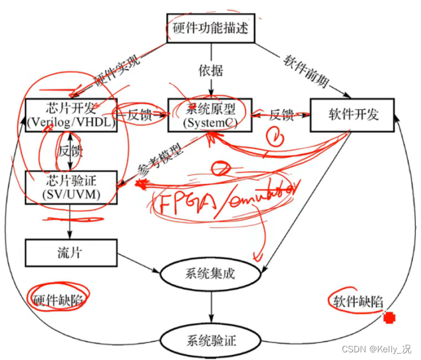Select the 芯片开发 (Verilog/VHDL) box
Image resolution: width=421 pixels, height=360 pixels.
pos(71,115)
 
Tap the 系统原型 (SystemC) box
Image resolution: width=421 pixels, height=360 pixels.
pos(209,115)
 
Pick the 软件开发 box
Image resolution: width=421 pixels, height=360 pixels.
pos(353,115)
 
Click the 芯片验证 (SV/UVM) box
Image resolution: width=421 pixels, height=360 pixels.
pos(71,186)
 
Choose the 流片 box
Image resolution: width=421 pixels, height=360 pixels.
pos(71,253)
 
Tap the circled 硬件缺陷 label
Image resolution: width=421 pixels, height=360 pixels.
pos(57,299)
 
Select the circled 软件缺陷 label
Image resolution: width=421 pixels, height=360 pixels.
pos(357,301)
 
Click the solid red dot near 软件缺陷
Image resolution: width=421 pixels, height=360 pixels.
pos(387,317)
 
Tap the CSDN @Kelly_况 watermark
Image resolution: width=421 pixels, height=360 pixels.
pos(376,349)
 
